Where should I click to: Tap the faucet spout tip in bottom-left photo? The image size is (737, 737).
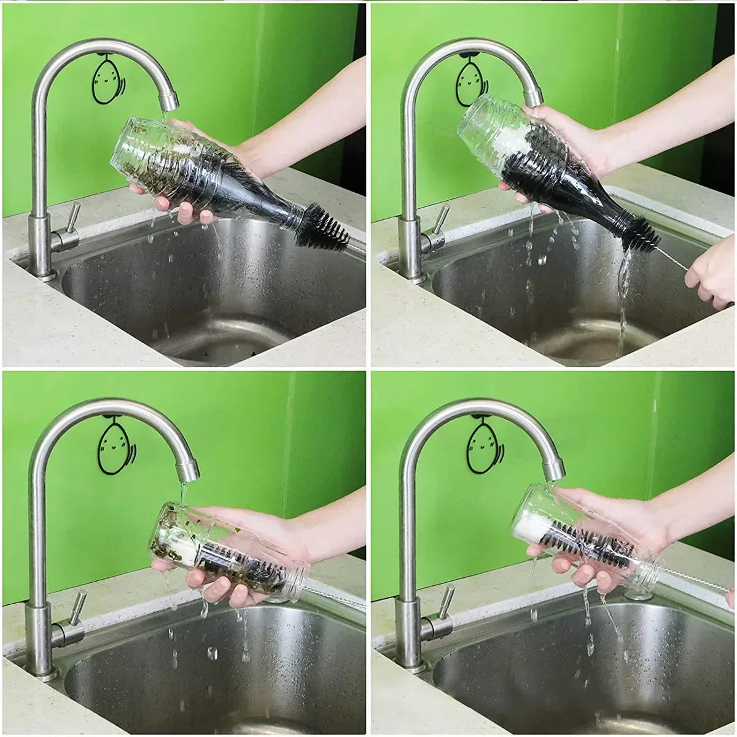[188, 472]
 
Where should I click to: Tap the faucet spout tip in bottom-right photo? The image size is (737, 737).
[554, 471]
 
